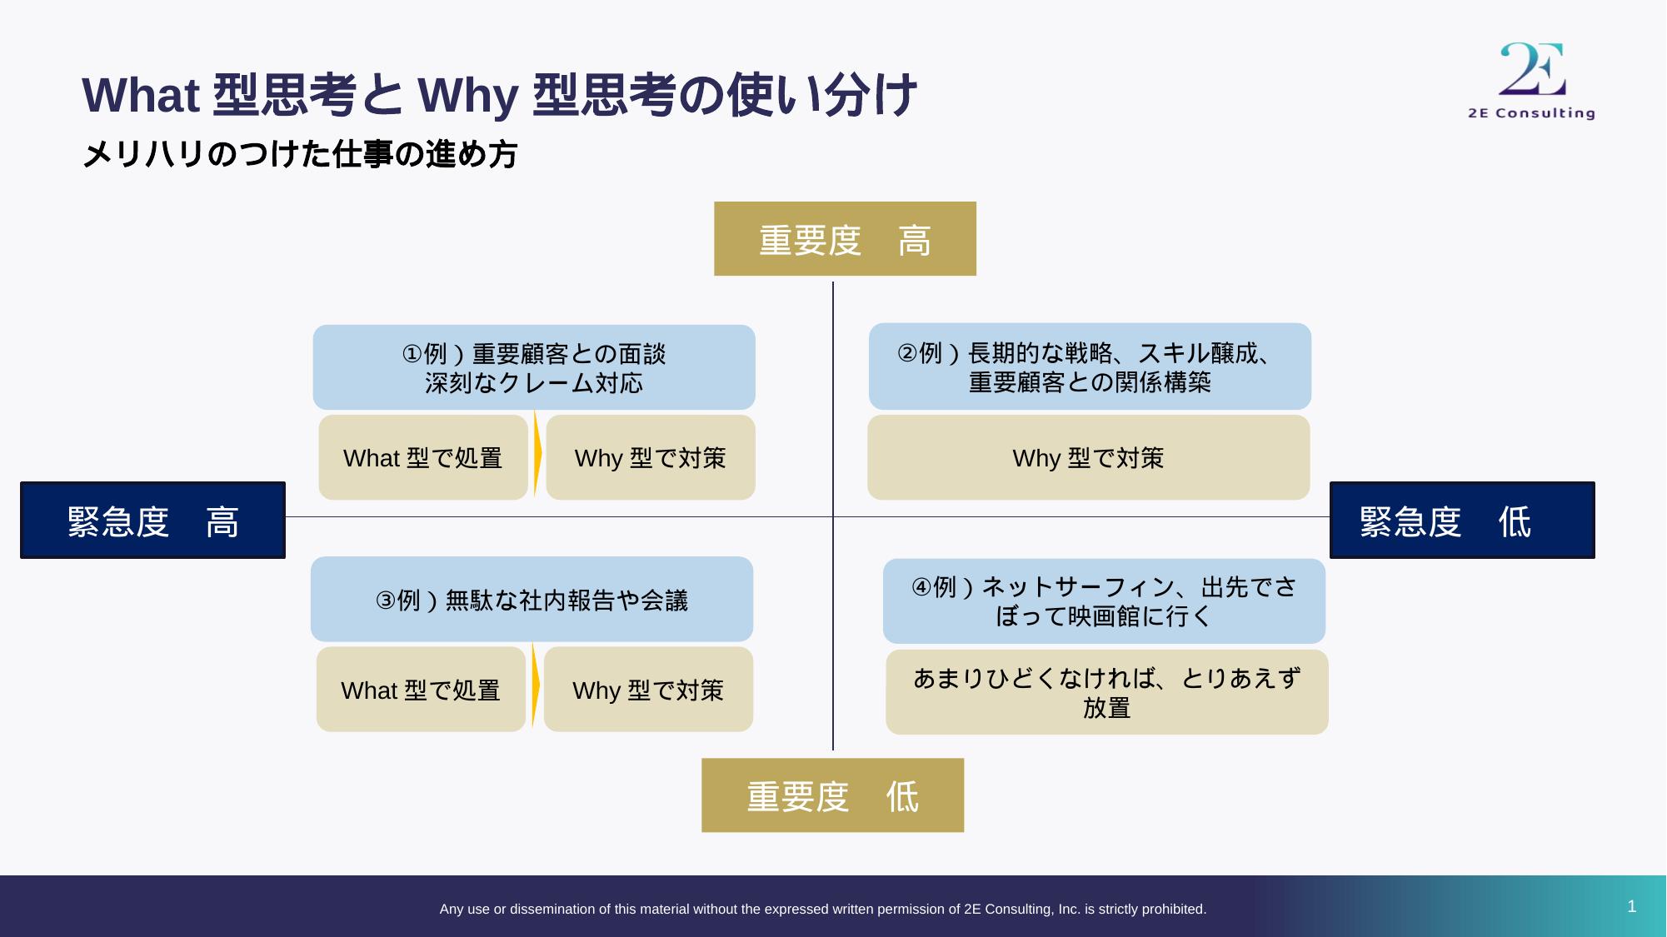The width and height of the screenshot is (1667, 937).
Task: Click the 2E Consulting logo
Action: tap(1531, 81)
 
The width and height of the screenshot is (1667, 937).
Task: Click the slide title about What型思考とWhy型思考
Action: tap(499, 95)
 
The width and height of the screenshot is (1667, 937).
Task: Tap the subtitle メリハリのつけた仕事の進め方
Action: tap(300, 155)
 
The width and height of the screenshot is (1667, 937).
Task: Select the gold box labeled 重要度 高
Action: tap(845, 239)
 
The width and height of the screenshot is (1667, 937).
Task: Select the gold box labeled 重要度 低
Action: tap(832, 795)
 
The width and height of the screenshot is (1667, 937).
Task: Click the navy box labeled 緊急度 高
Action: tap(152, 521)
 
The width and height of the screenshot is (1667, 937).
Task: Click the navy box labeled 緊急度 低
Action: tap(1462, 521)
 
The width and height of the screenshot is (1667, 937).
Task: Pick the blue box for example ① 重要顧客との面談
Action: tap(534, 367)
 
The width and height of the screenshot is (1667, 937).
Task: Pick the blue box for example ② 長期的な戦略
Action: tap(1090, 366)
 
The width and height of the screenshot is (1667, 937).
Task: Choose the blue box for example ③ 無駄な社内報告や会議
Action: tap(532, 600)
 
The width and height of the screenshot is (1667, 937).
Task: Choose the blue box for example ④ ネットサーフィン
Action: tap(1104, 601)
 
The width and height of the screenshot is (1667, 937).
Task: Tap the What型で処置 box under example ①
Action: tap(423, 458)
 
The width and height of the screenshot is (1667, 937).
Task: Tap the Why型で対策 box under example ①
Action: tap(651, 458)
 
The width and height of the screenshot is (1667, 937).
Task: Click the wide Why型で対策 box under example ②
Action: tap(1088, 458)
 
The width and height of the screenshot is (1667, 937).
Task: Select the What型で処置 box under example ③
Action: tap(421, 690)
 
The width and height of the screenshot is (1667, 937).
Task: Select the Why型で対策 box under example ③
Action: tap(648, 690)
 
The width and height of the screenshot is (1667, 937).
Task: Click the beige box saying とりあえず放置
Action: tap(1106, 692)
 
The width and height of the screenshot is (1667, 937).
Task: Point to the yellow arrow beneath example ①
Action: tap(537, 454)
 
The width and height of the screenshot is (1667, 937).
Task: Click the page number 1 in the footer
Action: tap(1631, 906)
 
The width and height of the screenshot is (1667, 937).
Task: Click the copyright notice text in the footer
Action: tap(822, 910)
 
